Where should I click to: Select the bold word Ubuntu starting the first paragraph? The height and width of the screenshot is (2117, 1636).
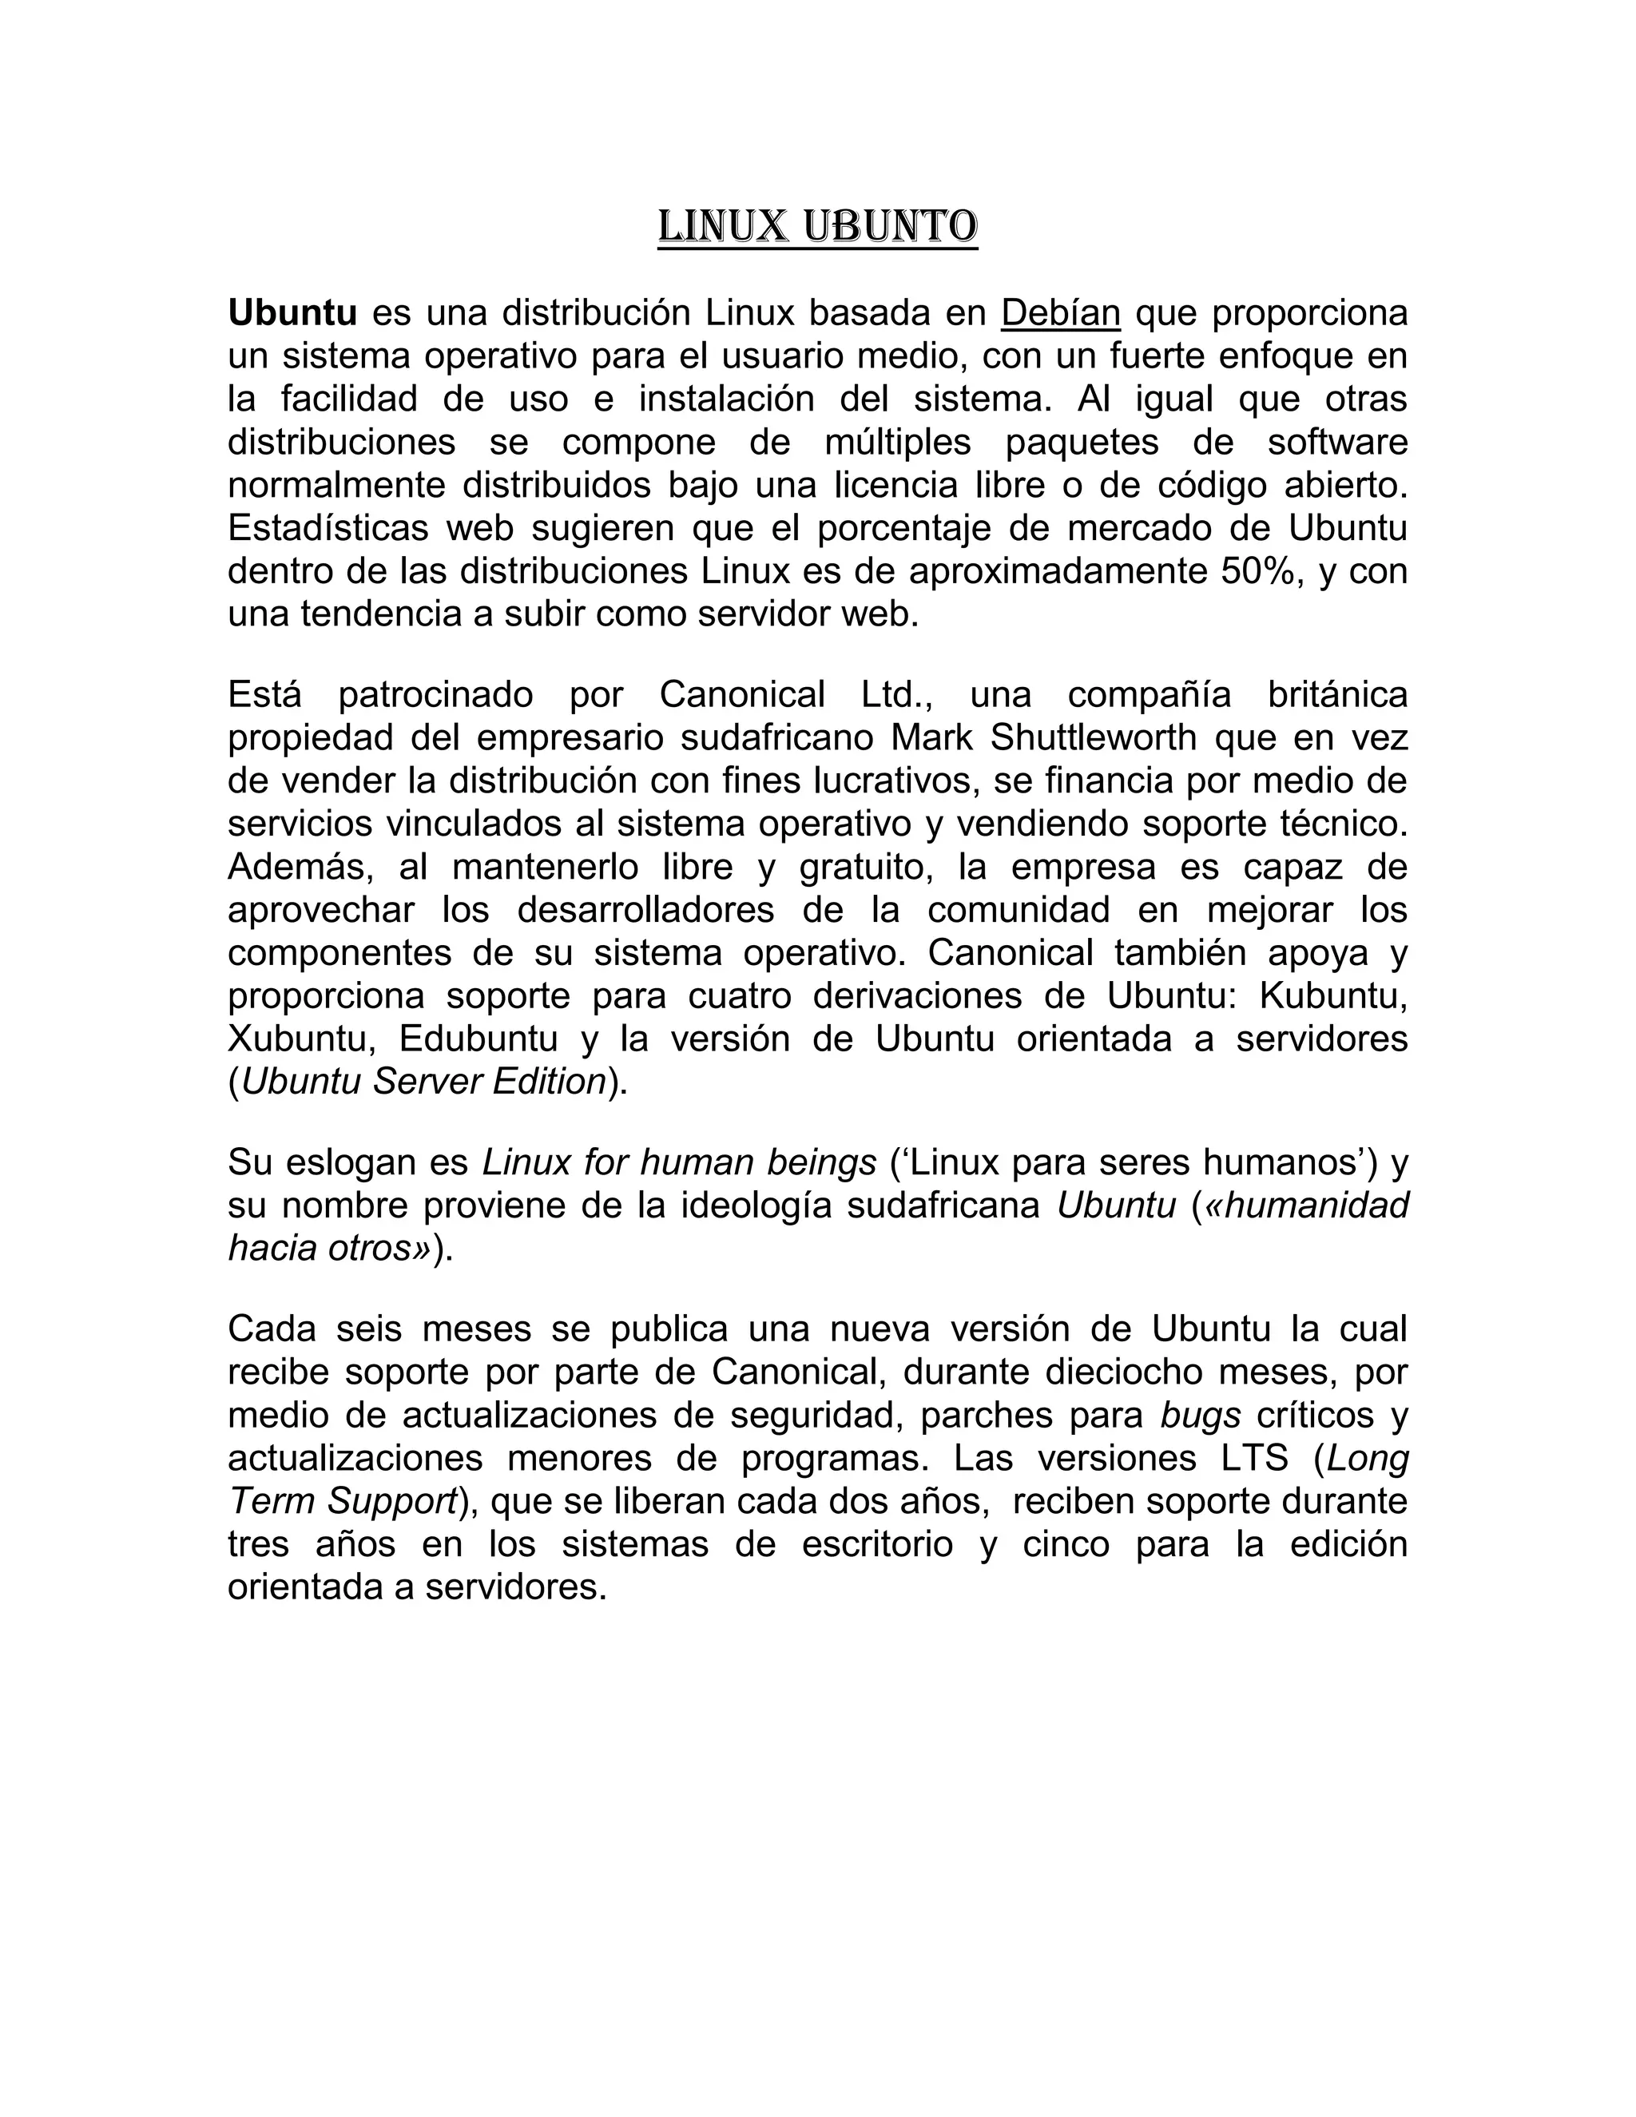click(x=292, y=313)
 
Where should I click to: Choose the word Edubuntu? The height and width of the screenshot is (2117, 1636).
click(x=478, y=1039)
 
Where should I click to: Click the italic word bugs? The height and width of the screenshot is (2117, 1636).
click(x=1201, y=1416)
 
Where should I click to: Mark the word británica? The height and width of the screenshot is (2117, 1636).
click(x=1336, y=695)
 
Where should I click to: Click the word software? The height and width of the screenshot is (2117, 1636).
click(x=1336, y=442)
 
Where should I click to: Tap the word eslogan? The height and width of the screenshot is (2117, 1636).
click(x=350, y=1162)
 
